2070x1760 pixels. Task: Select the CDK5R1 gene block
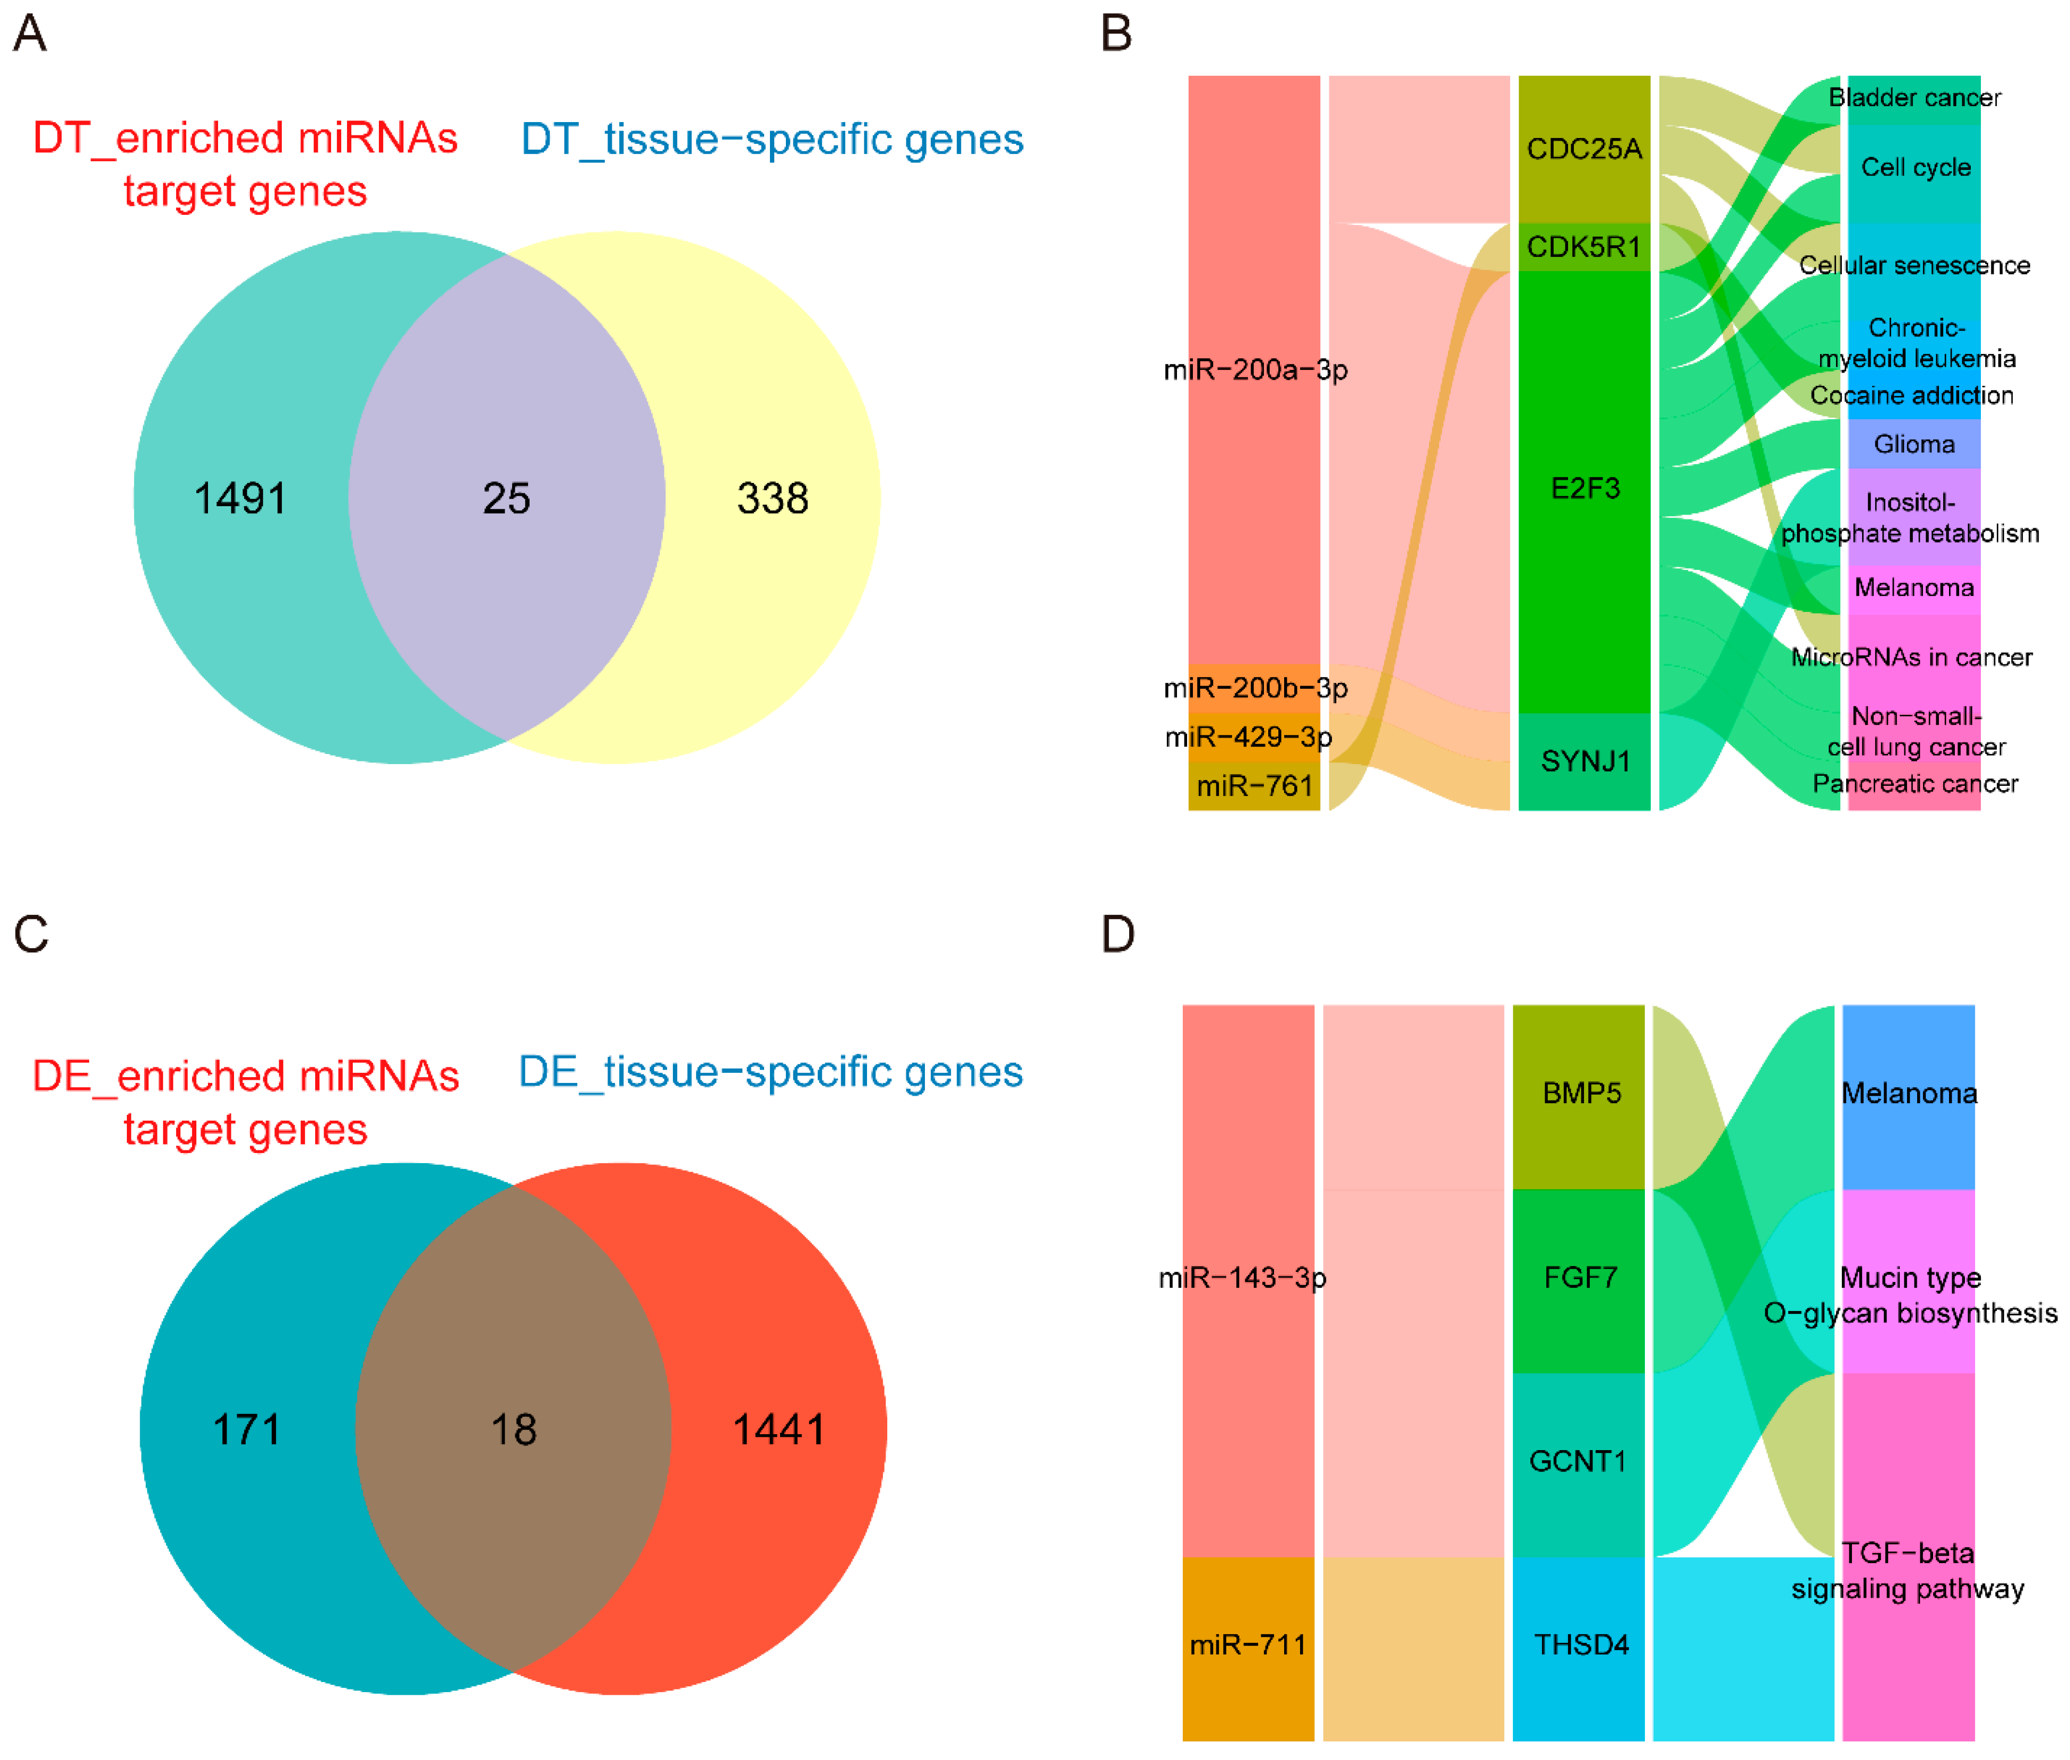[x=1583, y=246]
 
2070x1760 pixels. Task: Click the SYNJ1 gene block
[x=1584, y=761]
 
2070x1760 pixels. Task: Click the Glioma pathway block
[x=1913, y=444]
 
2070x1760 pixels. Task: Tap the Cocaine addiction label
[x=1911, y=395]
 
